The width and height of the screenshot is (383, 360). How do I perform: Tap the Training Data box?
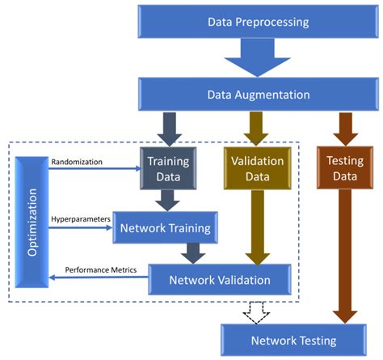click(x=167, y=167)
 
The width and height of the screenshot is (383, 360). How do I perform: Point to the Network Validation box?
click(x=220, y=280)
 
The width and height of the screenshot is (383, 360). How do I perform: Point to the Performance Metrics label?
click(x=100, y=269)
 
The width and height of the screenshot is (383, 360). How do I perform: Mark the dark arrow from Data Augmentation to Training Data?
click(x=168, y=127)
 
